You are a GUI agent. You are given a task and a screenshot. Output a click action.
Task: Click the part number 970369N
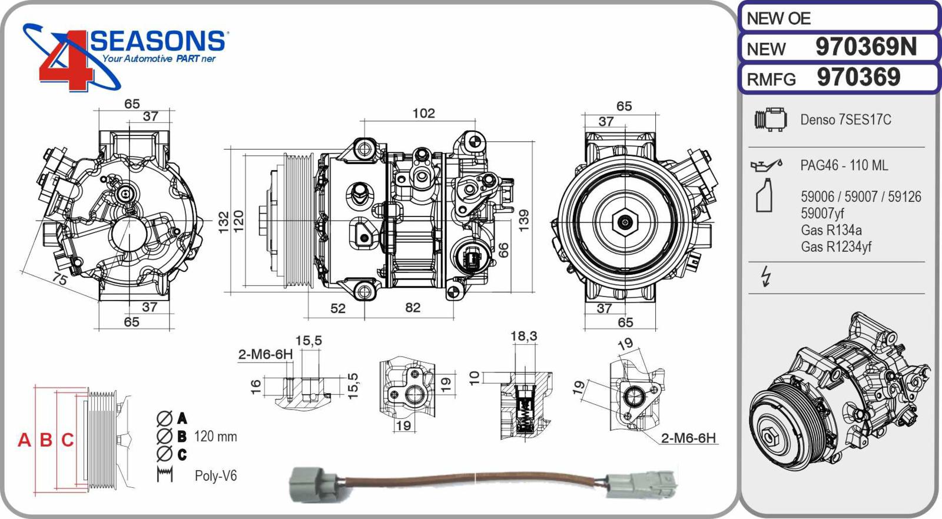[x=865, y=47]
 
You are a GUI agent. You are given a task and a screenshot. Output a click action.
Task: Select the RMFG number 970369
[x=858, y=78]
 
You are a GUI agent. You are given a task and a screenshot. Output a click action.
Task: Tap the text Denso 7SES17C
[x=845, y=120]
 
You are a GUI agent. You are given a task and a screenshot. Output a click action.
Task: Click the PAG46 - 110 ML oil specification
[x=844, y=165]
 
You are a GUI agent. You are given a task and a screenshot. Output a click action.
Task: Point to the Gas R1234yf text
[x=835, y=247]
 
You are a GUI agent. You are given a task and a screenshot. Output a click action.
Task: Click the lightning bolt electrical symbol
[x=766, y=276]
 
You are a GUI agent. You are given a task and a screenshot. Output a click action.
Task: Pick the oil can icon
[x=766, y=165]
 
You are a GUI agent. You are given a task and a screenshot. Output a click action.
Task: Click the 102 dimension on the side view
[x=423, y=113]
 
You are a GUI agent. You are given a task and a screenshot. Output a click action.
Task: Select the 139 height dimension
[x=523, y=220]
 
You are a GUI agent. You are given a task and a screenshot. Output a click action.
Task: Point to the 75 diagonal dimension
[x=59, y=278]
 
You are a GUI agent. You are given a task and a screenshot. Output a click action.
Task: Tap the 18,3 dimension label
[x=523, y=336]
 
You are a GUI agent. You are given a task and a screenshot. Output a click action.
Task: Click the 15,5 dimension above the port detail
[x=309, y=341]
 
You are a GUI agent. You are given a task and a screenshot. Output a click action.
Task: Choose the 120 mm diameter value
[x=215, y=437]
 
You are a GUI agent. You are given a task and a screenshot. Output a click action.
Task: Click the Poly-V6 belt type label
[x=215, y=476]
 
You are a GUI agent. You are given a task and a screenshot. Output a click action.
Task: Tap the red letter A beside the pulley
[x=24, y=440]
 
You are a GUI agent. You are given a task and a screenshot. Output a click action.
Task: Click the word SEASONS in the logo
[x=158, y=41]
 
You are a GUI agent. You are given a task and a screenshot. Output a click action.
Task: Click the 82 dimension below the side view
[x=413, y=308]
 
